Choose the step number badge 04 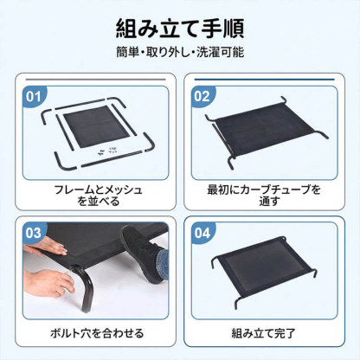coord(202,232)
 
